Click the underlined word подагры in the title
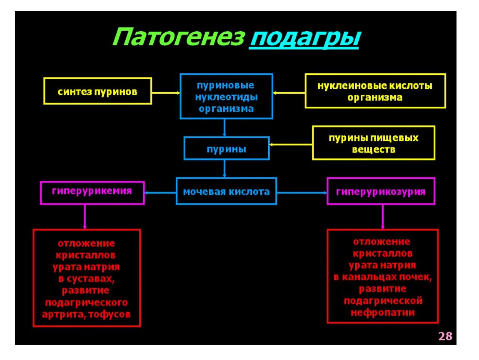click(304, 39)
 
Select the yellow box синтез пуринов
click(97, 91)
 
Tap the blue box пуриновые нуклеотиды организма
click(226, 97)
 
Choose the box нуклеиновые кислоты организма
click(375, 91)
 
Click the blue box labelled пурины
click(227, 149)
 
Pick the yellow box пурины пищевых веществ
click(373, 143)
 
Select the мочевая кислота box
click(226, 192)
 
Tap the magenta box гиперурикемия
click(92, 192)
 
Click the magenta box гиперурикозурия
click(381, 192)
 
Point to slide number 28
click(445, 336)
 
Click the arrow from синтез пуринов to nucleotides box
click(165, 92)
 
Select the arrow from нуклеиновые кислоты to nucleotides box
click(289, 92)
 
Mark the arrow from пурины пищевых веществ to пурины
click(291, 145)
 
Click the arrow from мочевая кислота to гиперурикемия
click(160, 192)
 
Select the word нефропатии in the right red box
click(382, 312)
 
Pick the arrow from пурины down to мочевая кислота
click(225, 169)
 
